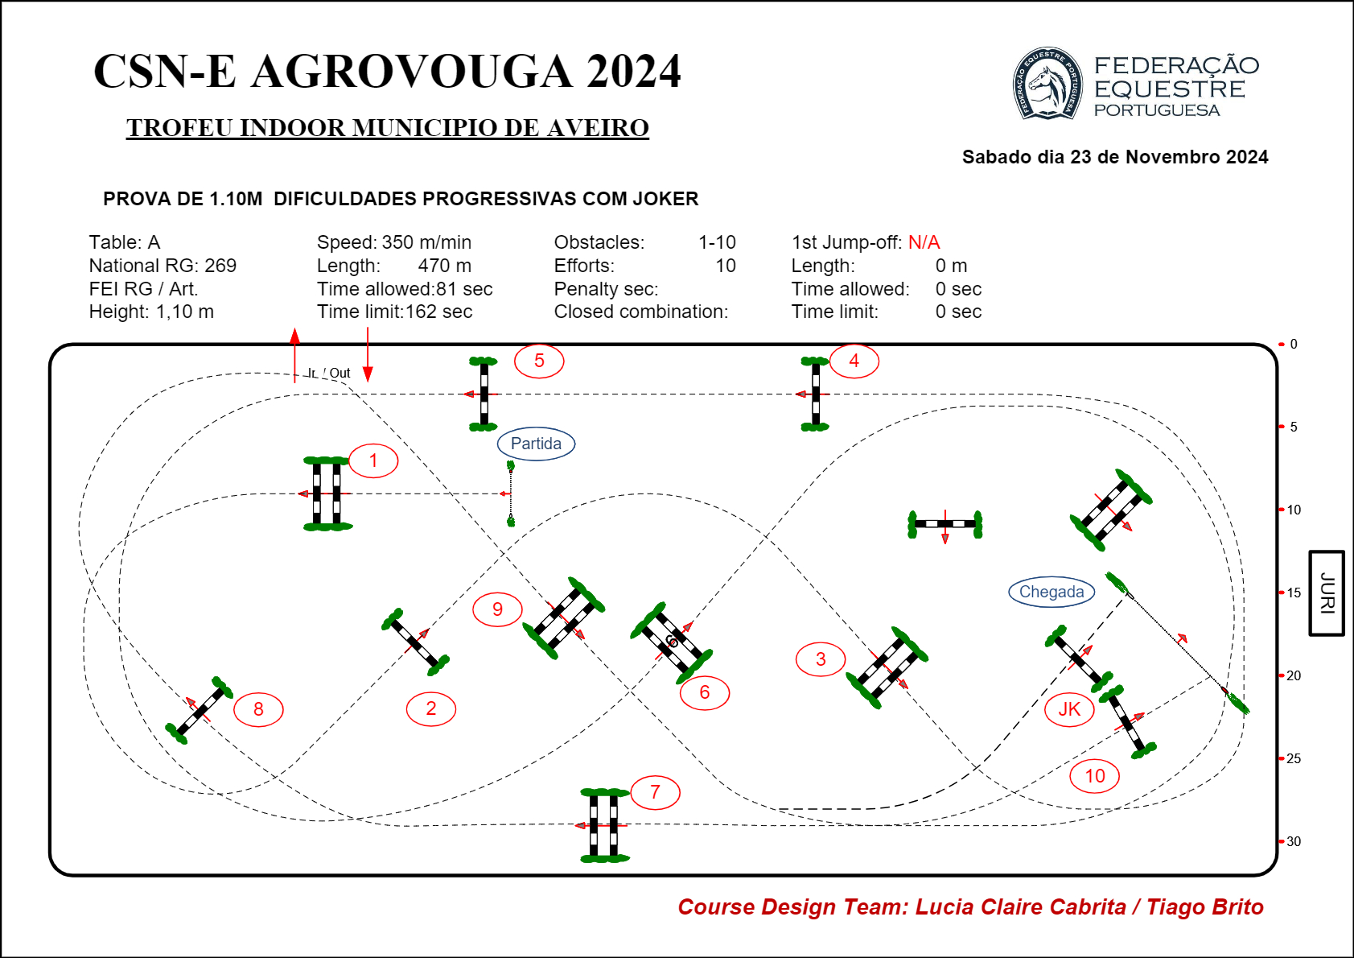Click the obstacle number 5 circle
[539, 361]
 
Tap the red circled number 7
[655, 792]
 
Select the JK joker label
[1069, 709]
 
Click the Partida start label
[536, 444]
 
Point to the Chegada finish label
[1052, 592]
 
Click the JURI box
[1327, 593]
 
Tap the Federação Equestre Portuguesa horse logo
[1047, 84]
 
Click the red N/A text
[924, 242]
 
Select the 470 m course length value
[444, 266]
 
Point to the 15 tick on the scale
[1293, 593]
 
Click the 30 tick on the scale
[1293, 841]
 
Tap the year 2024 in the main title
[633, 72]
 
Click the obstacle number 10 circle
[1095, 776]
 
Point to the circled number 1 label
[373, 460]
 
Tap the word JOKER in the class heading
[661, 199]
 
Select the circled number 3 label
[821, 659]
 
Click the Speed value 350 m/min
[426, 242]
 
